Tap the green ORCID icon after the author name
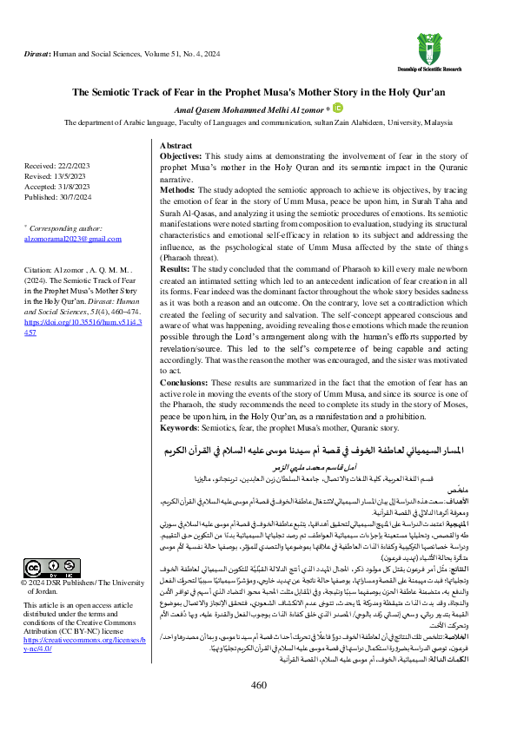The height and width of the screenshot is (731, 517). coord(339,109)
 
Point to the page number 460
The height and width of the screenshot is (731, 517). coord(258,710)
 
